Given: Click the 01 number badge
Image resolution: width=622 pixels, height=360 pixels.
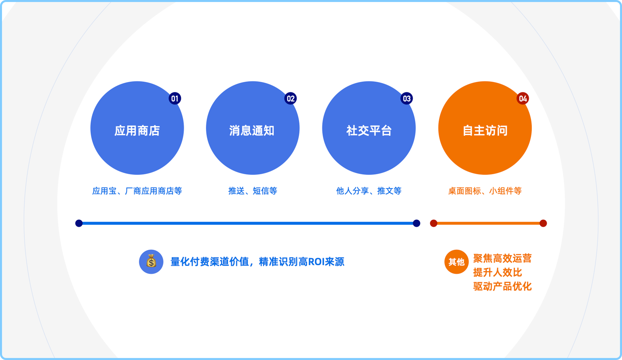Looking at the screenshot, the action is pyautogui.click(x=175, y=98).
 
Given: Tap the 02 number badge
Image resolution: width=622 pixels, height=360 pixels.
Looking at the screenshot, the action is pyautogui.click(x=291, y=98).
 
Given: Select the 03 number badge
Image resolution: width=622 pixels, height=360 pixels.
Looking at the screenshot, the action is pyautogui.click(x=406, y=98).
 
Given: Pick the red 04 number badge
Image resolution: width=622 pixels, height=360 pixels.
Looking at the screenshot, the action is pyautogui.click(x=523, y=98).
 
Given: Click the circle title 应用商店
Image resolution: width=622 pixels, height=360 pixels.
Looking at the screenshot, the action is pyautogui.click(x=137, y=131).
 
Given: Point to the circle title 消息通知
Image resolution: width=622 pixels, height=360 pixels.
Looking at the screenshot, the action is pyautogui.click(x=252, y=131).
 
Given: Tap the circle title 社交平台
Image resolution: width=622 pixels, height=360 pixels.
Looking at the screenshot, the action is pyautogui.click(x=369, y=131).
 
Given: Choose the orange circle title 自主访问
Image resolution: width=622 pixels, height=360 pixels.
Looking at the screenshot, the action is pyautogui.click(x=485, y=131).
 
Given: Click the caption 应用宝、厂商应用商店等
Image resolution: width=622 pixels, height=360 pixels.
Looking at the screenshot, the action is pyautogui.click(x=137, y=191).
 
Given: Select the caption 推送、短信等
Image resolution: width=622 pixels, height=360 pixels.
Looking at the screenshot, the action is pyautogui.click(x=253, y=191).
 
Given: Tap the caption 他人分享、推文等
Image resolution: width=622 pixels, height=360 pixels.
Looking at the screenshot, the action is pyautogui.click(x=368, y=191).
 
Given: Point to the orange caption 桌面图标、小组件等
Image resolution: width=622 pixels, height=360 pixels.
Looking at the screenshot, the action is pyautogui.click(x=485, y=191).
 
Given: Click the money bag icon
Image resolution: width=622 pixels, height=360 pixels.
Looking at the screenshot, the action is pyautogui.click(x=151, y=262).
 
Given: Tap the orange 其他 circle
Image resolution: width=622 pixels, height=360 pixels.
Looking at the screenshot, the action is pyautogui.click(x=456, y=262).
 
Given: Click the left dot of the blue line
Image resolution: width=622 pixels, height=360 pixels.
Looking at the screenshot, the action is pyautogui.click(x=79, y=223).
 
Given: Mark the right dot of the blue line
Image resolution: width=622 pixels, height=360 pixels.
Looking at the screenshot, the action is pyautogui.click(x=416, y=223).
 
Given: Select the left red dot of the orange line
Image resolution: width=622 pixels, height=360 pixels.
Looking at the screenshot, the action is pyautogui.click(x=433, y=223).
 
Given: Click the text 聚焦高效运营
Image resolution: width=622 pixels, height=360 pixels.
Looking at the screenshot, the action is pyautogui.click(x=502, y=258).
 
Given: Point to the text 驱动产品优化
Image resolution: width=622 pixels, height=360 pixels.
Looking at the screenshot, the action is pyautogui.click(x=502, y=286).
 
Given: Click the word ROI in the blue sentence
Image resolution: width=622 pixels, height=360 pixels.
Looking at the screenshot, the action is pyautogui.click(x=316, y=262).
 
